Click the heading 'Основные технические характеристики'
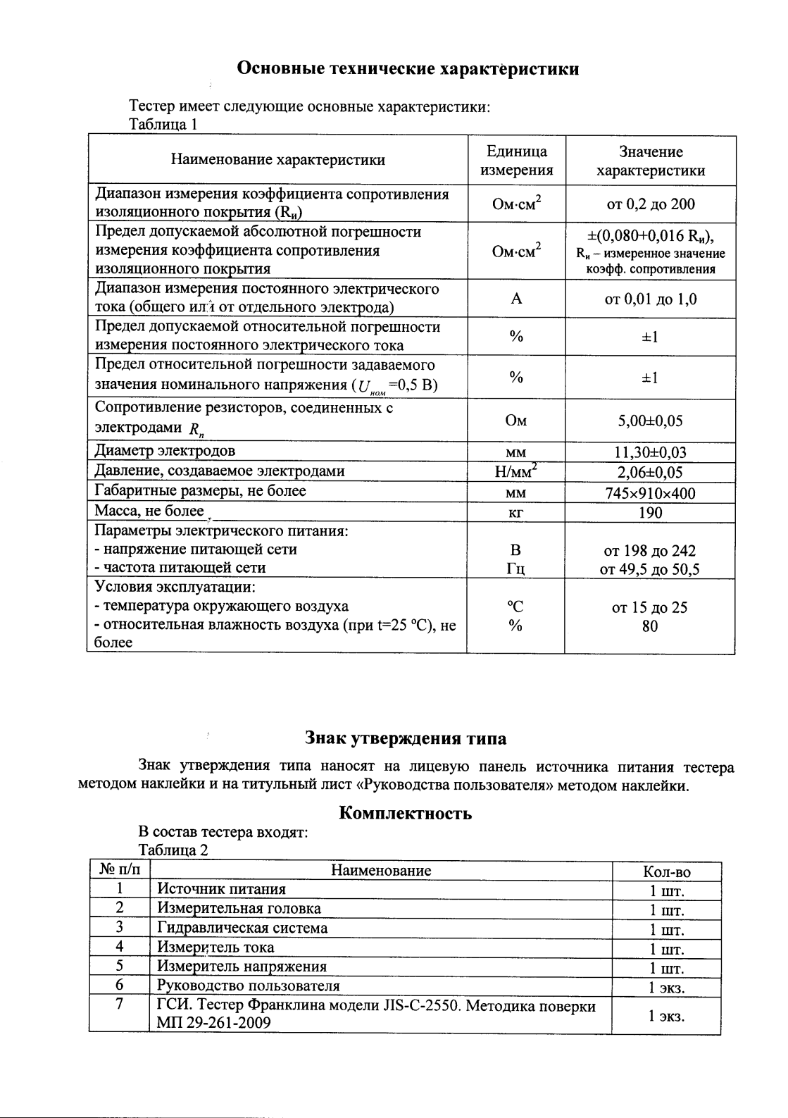pyautogui.click(x=408, y=68)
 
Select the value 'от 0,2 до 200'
pyautogui.click(x=650, y=204)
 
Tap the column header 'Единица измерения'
pyautogui.click(x=516, y=161)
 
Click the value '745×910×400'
pyautogui.click(x=650, y=493)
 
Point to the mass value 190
pyautogui.click(x=650, y=512)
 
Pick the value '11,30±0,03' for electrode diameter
pyautogui.click(x=650, y=452)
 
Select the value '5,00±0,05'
pyautogui.click(x=650, y=421)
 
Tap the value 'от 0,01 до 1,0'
pyautogui.click(x=650, y=299)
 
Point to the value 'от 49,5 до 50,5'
pyautogui.click(x=650, y=569)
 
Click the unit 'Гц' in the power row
pyautogui.click(x=516, y=569)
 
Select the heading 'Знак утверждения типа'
pyautogui.click(x=405, y=738)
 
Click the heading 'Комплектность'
pyautogui.click(x=405, y=813)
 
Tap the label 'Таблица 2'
pyautogui.click(x=173, y=850)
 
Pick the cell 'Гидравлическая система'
pyautogui.click(x=242, y=928)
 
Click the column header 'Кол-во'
pyautogui.click(x=666, y=872)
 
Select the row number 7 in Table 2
pyautogui.click(x=120, y=1005)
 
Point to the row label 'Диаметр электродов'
pyautogui.click(x=165, y=451)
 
